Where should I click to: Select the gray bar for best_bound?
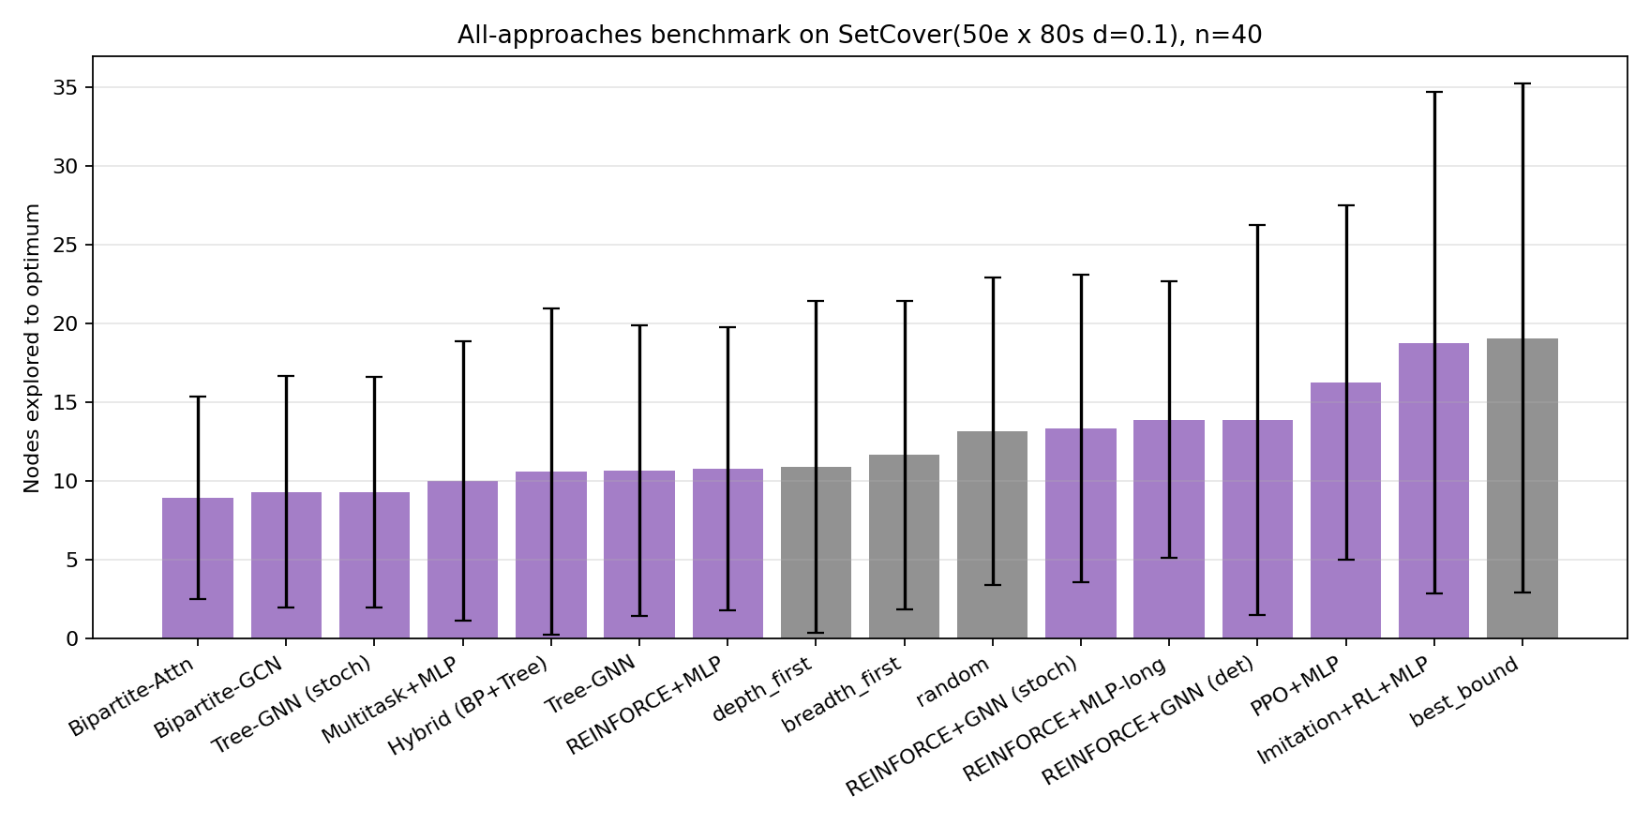click(x=1522, y=488)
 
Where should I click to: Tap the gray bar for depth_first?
click(x=816, y=552)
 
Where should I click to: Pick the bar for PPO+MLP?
click(x=1345, y=510)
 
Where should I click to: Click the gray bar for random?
click(x=992, y=534)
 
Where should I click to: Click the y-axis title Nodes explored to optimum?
click(x=33, y=348)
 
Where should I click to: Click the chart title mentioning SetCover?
click(x=859, y=36)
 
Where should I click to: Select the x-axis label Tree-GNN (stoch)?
click(x=292, y=705)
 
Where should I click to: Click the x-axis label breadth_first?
click(x=842, y=695)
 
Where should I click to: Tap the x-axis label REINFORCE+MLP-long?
click(x=1066, y=719)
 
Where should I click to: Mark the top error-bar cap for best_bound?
click(x=1522, y=83)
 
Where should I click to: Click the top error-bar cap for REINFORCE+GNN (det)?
click(x=1257, y=225)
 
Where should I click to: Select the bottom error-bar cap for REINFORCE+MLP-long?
click(x=1169, y=558)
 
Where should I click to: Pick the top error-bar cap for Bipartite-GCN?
click(x=286, y=376)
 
